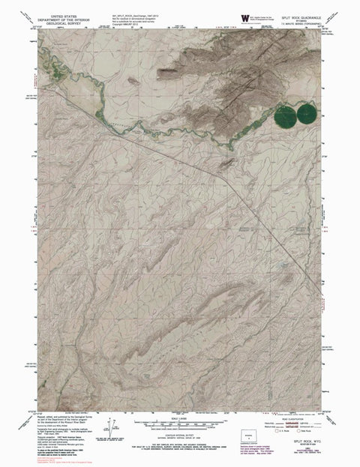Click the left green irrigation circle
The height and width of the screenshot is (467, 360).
point(286,116)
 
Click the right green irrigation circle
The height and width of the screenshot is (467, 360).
point(307,115)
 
